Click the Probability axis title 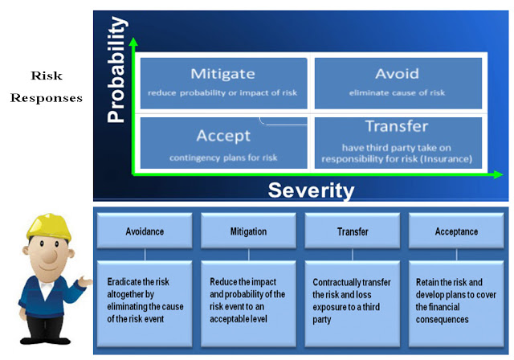coord(117,69)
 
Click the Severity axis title coord(311,190)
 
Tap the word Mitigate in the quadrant coord(223,74)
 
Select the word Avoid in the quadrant coord(397,74)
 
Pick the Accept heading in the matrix coord(223,136)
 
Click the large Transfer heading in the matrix coord(397,126)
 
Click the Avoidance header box coord(145,231)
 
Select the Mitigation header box coord(248,231)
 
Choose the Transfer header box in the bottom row coord(353,231)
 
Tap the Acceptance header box coord(456,231)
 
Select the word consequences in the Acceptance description coord(442,319)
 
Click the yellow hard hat coord(49,227)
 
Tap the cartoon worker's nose coord(50,255)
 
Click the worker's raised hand coord(85,281)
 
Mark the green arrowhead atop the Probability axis coord(133,42)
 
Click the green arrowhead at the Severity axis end coord(498,174)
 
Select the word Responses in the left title coord(47,98)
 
